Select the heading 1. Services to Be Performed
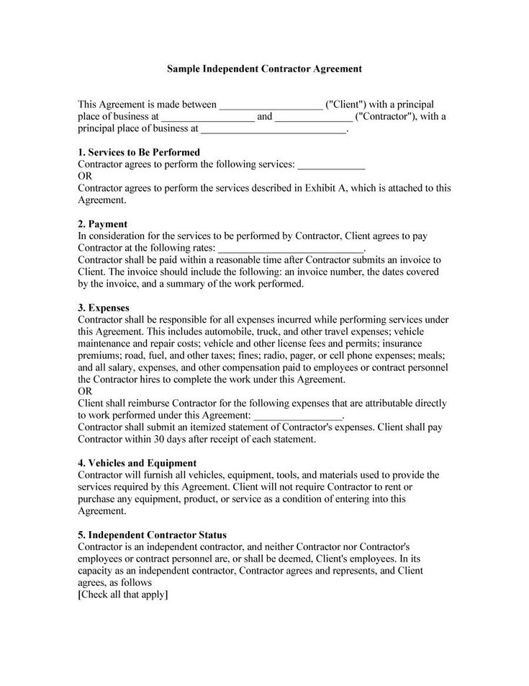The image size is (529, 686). (138, 153)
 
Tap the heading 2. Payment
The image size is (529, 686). (102, 224)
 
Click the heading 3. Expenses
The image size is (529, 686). (104, 308)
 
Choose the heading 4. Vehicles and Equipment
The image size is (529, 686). (137, 463)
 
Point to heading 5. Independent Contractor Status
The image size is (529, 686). (152, 535)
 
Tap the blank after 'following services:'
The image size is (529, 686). (331, 165)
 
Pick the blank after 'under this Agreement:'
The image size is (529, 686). (299, 416)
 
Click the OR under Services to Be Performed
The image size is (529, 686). (85, 177)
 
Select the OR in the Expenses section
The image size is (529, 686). (85, 392)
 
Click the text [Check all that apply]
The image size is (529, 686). (123, 594)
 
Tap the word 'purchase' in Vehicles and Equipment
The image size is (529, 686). (97, 499)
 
